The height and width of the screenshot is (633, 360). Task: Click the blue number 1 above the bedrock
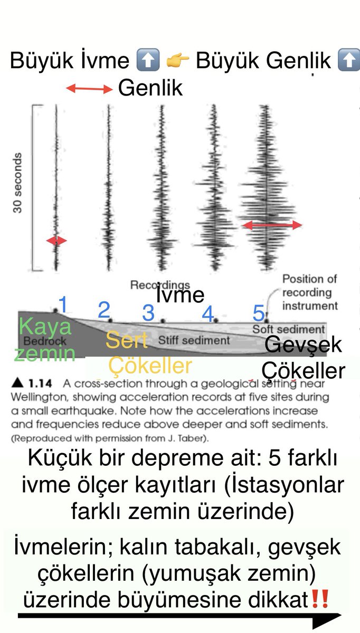point(63,305)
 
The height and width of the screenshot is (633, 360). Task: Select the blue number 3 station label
point(148,313)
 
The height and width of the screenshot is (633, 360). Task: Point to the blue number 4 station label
point(208,314)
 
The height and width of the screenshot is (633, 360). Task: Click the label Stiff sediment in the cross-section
point(194,340)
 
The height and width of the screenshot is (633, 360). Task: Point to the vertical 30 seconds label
point(18,183)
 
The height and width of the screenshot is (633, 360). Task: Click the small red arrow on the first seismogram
point(56,241)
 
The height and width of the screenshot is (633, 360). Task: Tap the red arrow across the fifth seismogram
point(272,225)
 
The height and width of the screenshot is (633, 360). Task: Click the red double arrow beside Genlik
point(90,89)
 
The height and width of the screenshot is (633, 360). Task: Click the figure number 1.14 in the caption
point(43,384)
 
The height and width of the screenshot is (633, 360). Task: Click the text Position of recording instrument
point(309,292)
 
